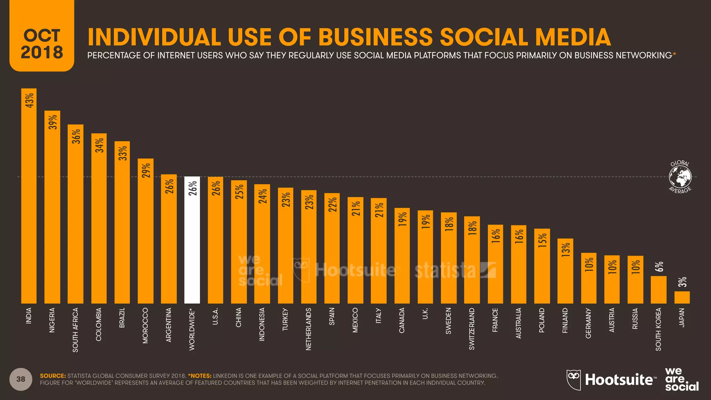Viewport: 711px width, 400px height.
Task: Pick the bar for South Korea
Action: [658, 290]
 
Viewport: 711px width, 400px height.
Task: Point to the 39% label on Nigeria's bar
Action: [53, 122]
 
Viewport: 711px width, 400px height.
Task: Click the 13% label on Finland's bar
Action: [566, 250]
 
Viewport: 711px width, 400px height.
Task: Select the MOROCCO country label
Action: [145, 325]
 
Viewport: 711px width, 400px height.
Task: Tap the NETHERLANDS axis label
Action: [309, 328]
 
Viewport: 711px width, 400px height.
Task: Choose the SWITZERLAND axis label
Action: [472, 328]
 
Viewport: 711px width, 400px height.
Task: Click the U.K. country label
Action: [425, 313]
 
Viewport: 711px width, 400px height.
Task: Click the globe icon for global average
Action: [680, 177]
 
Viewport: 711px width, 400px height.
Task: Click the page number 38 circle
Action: [21, 379]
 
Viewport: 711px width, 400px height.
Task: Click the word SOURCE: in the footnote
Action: [53, 376]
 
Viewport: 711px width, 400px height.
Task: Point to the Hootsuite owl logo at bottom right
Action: [574, 380]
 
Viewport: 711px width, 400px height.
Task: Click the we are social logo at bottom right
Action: [681, 380]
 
